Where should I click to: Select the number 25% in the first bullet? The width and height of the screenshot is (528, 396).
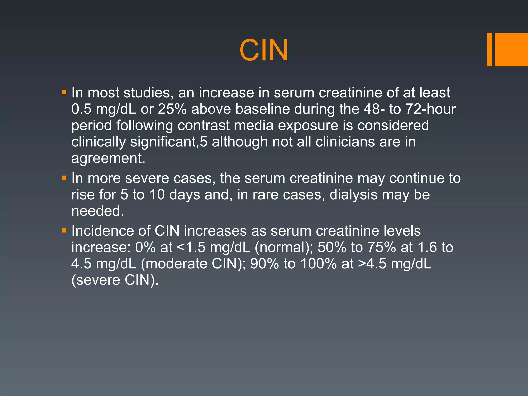click(x=172, y=109)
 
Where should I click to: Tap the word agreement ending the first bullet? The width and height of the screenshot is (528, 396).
click(x=108, y=159)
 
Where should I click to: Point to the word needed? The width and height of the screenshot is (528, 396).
click(x=97, y=211)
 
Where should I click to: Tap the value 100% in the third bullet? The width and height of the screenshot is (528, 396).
click(x=319, y=264)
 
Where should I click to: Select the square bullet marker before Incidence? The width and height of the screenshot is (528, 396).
click(x=64, y=230)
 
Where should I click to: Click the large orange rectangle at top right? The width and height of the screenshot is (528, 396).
click(x=511, y=49)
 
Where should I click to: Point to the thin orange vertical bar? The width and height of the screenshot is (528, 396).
click(x=489, y=49)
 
